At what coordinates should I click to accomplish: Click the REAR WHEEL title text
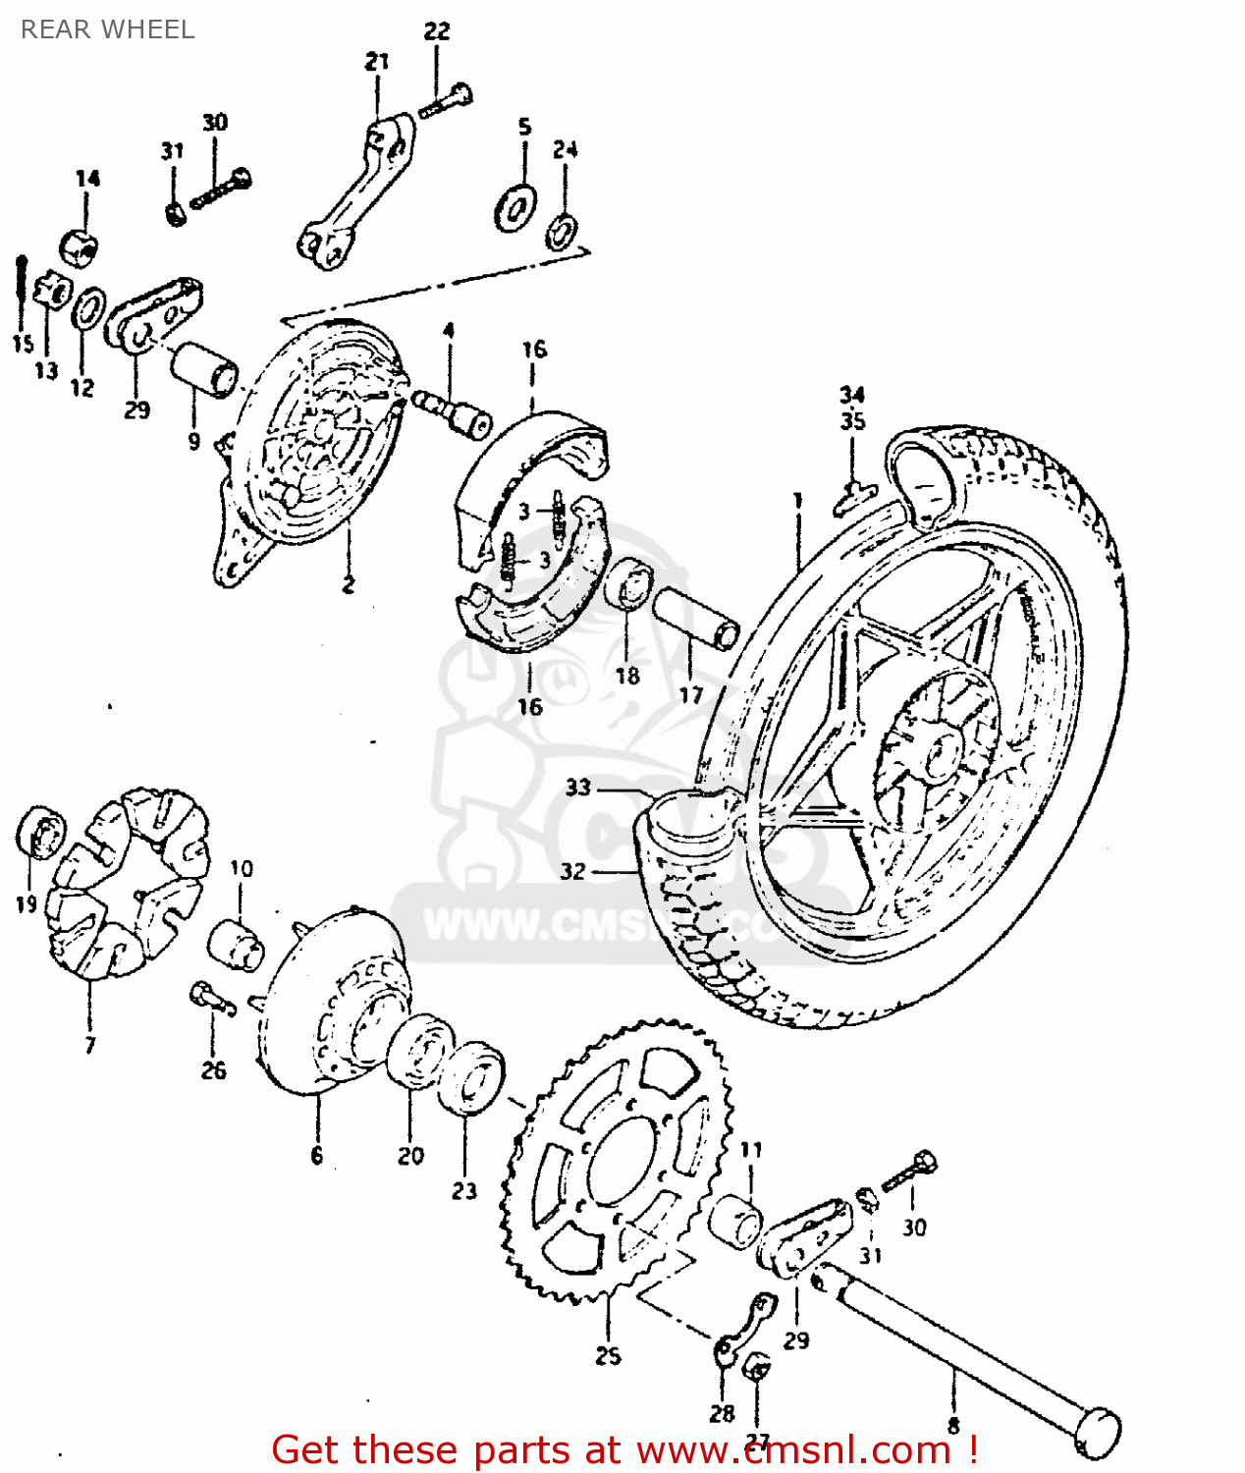click(107, 29)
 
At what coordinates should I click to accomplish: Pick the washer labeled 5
click(514, 205)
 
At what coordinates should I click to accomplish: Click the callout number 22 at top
click(437, 30)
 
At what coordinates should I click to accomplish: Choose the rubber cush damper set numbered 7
click(128, 884)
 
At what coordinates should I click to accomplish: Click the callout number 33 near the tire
click(578, 787)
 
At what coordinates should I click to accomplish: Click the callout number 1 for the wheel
click(798, 501)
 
